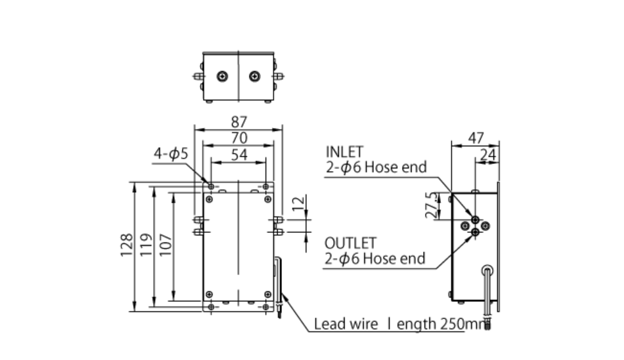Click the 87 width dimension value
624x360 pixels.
tap(239, 122)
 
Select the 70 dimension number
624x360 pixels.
tap(239, 137)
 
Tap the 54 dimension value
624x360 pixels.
tap(239, 154)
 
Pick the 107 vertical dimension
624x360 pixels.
tap(165, 244)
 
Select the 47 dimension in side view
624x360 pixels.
tap(475, 138)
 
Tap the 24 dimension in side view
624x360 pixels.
tap(489, 154)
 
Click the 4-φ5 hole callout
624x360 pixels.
tap(170, 154)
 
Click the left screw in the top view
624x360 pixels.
tap(221, 77)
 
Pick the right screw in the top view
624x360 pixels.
tap(255, 77)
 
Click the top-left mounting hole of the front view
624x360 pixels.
tap(211, 186)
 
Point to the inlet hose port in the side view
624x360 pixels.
tap(475, 220)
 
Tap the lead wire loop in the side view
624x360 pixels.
tap(488, 271)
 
